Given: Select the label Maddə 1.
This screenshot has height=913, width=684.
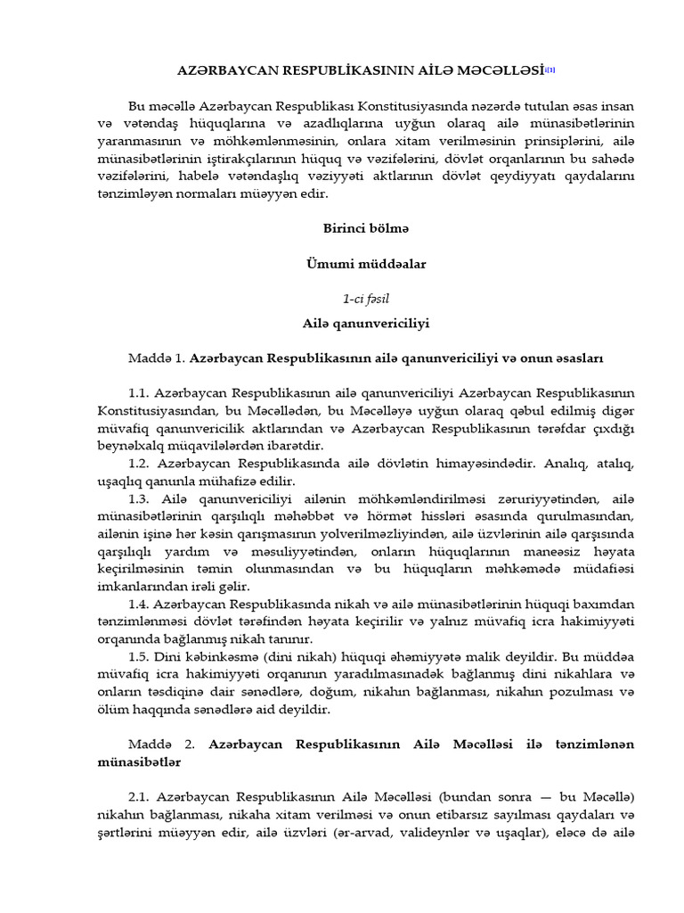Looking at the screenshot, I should pyautogui.click(x=157, y=358).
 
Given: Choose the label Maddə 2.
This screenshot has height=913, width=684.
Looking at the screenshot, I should pyautogui.click(x=157, y=743).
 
